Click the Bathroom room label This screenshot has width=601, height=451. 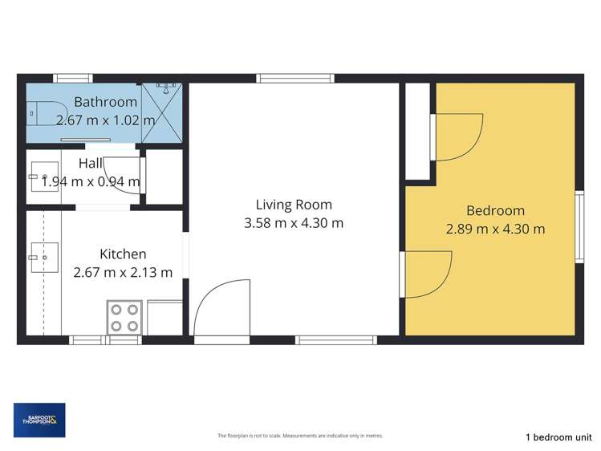(x=106, y=102)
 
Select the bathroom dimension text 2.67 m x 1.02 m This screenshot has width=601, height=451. (x=106, y=120)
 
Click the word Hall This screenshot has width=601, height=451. (x=90, y=164)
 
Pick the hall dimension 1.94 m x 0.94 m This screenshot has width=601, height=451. (x=90, y=181)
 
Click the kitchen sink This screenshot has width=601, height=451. (x=43, y=258)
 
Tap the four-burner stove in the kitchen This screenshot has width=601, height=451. (x=125, y=316)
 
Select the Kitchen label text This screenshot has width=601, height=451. (x=122, y=254)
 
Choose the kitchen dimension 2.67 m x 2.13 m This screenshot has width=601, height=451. (x=122, y=272)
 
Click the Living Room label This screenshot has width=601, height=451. (x=294, y=205)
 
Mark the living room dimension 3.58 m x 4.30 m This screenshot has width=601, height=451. (x=294, y=223)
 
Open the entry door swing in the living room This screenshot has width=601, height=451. (x=221, y=309)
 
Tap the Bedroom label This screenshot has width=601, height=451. (x=495, y=210)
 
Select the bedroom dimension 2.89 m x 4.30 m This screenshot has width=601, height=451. (x=495, y=229)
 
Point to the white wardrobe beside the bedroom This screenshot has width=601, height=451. (x=417, y=130)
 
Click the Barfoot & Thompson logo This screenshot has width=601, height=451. (x=39, y=420)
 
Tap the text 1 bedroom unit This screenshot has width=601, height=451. (x=558, y=437)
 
